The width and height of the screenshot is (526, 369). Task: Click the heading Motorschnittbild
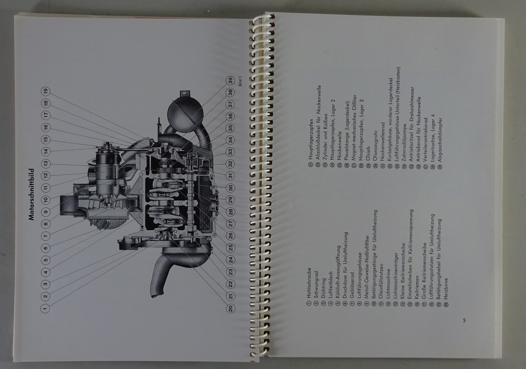[x=32, y=194]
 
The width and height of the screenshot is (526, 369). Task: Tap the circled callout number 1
[x=45, y=308]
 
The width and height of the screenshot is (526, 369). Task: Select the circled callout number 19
[x=45, y=91]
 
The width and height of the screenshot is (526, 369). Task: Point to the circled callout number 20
[x=230, y=308]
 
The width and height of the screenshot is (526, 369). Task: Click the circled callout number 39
[x=230, y=81]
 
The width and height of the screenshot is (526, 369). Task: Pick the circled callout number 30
[x=230, y=188]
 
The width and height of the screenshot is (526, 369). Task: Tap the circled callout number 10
[x=45, y=200]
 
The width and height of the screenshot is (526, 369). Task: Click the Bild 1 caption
[x=240, y=81]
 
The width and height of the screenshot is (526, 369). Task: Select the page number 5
[x=464, y=320]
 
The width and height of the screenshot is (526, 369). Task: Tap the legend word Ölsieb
[x=368, y=154]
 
